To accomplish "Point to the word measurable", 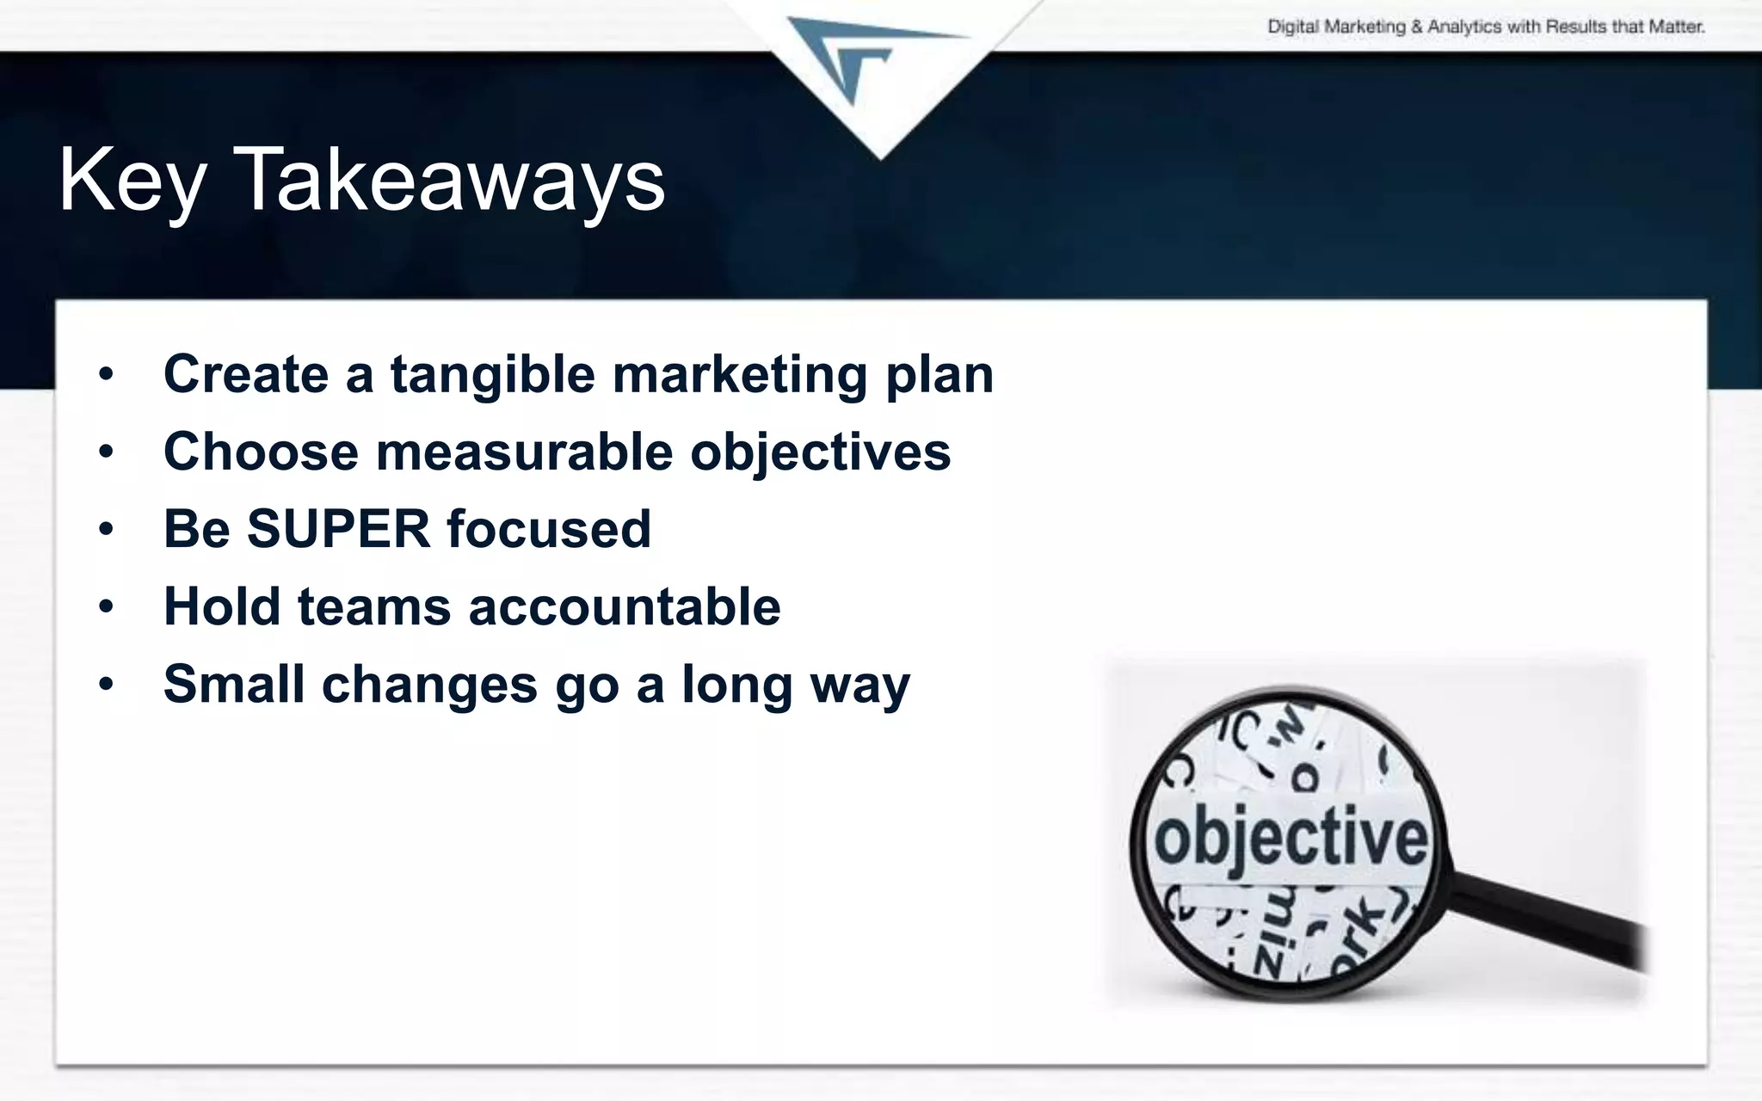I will [524, 452].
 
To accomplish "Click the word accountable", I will [625, 606].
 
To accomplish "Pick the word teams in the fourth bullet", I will [373, 606].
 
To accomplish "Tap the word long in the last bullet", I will [736, 686].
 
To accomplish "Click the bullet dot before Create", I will [106, 375].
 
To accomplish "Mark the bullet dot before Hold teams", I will [106, 607].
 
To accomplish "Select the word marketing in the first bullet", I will [739, 375].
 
